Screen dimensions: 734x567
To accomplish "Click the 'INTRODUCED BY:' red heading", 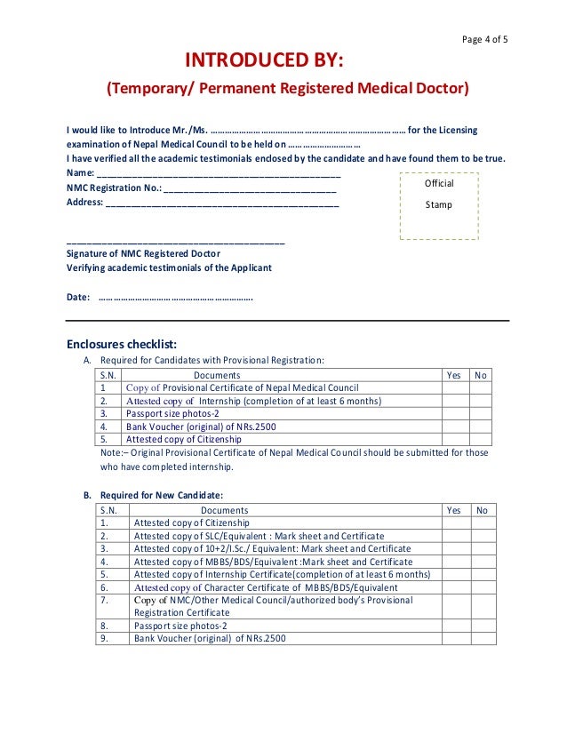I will click(x=263, y=60).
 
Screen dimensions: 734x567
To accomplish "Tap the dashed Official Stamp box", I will click(x=439, y=205).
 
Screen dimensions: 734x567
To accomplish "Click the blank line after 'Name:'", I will click(x=219, y=173).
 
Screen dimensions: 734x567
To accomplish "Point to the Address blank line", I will click(x=221, y=202).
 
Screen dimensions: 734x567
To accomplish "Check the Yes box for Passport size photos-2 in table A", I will click(x=455, y=413).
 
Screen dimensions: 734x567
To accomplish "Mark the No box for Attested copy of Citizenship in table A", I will click(x=481, y=438).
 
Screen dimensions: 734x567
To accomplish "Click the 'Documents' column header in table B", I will click(x=224, y=510).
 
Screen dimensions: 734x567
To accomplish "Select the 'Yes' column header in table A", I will click(x=454, y=375).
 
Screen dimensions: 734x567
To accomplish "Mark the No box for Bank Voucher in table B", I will click(x=483, y=638).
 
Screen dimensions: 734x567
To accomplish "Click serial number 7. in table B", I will click(x=105, y=601).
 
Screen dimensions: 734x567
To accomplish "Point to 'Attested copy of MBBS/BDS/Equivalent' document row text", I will click(x=273, y=562).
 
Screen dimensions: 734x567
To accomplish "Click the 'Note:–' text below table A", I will click(x=116, y=452).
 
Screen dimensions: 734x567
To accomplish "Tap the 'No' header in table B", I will click(x=483, y=510).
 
